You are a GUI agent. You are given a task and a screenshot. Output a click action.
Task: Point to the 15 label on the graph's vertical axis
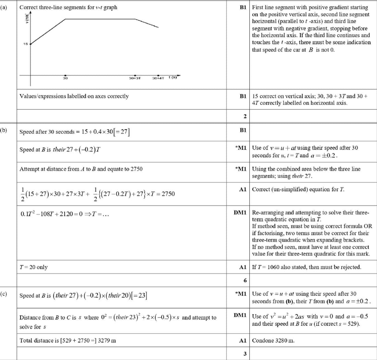(x=25, y=44)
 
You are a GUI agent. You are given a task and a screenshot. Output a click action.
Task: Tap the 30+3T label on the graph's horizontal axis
(x=135, y=79)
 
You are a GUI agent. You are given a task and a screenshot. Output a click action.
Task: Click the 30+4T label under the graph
(x=159, y=79)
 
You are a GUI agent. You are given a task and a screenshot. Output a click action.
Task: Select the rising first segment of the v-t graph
(x=48, y=31)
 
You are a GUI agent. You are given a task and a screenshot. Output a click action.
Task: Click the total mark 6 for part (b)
(x=245, y=280)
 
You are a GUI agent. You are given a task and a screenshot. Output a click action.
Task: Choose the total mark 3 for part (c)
(x=245, y=354)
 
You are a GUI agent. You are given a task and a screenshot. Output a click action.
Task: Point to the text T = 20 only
(x=34, y=267)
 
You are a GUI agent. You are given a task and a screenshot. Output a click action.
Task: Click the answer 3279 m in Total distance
(x=107, y=340)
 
